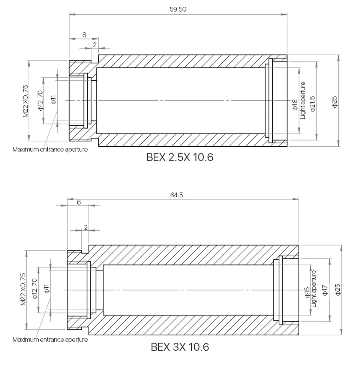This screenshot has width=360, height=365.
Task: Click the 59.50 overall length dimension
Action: tap(178, 9)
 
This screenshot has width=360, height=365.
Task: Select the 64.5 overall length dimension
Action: tap(177, 195)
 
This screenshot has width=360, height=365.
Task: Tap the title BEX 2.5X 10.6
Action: tap(180, 157)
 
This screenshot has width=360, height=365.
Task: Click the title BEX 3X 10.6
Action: tap(180, 347)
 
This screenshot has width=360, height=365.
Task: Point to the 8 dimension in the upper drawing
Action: tap(84, 35)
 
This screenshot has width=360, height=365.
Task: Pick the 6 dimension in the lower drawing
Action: tap(79, 202)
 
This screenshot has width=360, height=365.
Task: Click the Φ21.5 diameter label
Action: tap(313, 104)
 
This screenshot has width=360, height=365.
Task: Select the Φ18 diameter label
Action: tap(295, 105)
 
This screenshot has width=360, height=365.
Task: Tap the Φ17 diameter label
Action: tap(325, 290)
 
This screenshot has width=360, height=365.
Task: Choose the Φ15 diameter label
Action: tap(307, 292)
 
